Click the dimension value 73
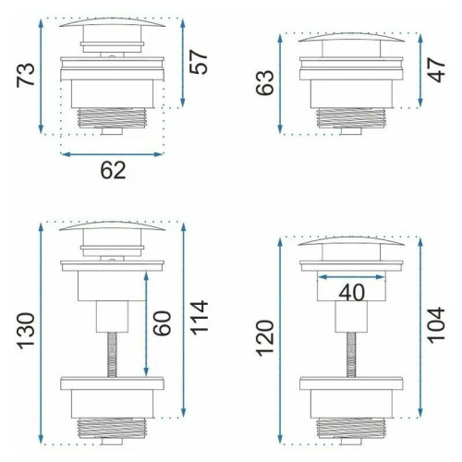(26, 75)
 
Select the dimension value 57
(199, 62)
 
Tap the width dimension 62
(113, 170)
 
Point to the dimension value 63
(265, 82)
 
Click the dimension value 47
(437, 70)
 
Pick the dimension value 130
(26, 331)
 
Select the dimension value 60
(162, 323)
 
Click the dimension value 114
(199, 317)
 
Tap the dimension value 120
(265, 338)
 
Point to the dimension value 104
(437, 325)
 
